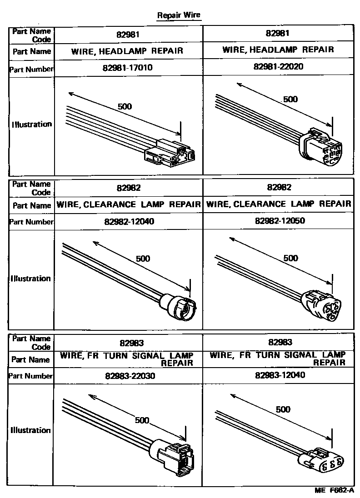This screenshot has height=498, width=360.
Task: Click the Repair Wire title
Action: click(x=179, y=15)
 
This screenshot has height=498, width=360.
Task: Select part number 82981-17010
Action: click(x=127, y=68)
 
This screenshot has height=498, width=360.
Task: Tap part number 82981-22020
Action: click(x=278, y=66)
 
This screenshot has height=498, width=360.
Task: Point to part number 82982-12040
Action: click(x=129, y=221)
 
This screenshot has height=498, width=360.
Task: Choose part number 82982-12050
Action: click(x=280, y=220)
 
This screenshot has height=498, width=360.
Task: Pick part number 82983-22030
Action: click(x=130, y=376)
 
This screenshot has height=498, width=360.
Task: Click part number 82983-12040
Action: click(x=280, y=375)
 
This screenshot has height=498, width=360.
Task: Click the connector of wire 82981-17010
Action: click(x=170, y=153)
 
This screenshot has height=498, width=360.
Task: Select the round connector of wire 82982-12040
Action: click(x=178, y=306)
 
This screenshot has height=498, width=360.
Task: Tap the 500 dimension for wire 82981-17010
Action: click(x=125, y=106)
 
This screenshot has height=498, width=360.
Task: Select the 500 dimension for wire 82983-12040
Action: click(x=283, y=409)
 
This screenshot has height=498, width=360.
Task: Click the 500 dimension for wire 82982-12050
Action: click(x=290, y=258)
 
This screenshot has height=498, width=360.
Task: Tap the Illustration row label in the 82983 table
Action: click(x=30, y=430)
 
